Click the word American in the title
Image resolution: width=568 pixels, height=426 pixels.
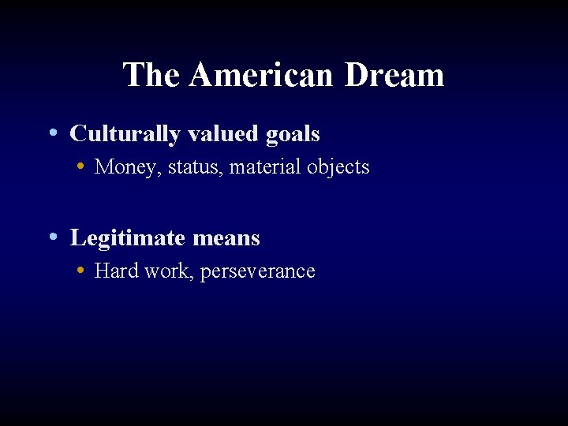coord(263,76)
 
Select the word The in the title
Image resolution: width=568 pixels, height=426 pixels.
coord(153,76)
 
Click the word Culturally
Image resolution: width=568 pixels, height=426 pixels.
coord(125,134)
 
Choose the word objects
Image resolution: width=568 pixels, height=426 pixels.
coord(338,168)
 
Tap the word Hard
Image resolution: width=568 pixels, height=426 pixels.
coord(114,271)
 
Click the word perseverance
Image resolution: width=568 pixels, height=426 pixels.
coord(258,272)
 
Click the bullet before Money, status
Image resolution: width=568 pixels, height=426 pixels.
coord(82,166)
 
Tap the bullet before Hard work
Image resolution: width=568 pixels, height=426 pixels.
coord(82,271)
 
